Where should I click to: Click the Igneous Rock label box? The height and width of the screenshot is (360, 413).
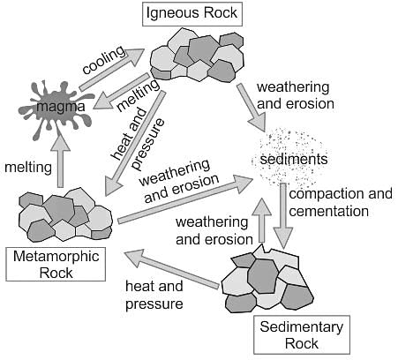click(x=192, y=14)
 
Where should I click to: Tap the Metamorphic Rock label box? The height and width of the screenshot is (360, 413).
click(x=56, y=264)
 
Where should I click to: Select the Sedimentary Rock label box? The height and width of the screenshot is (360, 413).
click(x=302, y=334)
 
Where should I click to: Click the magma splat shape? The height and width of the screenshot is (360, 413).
click(x=56, y=109)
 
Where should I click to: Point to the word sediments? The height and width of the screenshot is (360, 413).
click(x=294, y=159)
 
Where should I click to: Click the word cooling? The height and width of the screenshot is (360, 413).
click(x=103, y=60)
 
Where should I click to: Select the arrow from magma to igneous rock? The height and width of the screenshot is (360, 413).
click(x=112, y=70)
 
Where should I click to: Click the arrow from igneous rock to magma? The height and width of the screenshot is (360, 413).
click(x=121, y=91)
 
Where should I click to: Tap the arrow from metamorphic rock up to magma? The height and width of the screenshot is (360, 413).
click(x=60, y=161)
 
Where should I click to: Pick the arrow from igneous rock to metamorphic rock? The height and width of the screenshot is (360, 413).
click(x=134, y=143)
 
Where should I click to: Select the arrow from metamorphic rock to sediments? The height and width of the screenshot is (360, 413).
click(x=185, y=199)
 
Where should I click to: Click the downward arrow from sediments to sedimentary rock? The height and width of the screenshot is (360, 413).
click(x=283, y=216)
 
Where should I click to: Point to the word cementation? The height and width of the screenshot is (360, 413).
click(x=328, y=211)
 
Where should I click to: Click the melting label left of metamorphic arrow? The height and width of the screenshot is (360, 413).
click(x=28, y=168)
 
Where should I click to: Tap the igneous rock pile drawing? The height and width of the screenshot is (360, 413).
click(x=197, y=55)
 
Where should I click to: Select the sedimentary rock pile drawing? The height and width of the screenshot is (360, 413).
click(x=267, y=283)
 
